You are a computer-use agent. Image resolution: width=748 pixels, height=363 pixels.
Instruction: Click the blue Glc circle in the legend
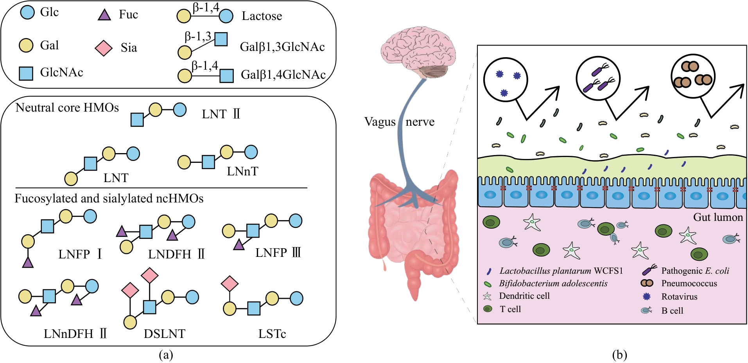(27, 12)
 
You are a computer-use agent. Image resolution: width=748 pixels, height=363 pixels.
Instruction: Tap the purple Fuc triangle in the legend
(104, 15)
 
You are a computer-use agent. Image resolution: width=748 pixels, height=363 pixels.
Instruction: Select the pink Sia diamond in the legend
(104, 48)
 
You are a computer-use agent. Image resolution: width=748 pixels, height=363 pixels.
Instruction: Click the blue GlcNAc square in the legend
(26, 73)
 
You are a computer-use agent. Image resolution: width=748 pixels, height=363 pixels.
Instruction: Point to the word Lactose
(262, 16)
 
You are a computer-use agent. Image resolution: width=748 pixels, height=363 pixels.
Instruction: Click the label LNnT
(242, 172)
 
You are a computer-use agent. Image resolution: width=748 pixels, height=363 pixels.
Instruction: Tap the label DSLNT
(164, 334)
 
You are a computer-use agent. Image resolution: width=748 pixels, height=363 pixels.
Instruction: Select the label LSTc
(272, 334)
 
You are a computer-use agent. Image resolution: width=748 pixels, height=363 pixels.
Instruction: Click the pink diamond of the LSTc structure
(230, 284)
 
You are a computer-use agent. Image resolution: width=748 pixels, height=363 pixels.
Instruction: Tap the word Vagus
(380, 122)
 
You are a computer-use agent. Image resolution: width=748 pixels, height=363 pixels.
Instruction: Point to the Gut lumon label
(718, 217)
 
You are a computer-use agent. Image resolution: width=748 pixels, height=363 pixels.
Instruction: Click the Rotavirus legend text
(679, 297)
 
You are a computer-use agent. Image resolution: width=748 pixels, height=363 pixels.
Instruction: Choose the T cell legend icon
(488, 309)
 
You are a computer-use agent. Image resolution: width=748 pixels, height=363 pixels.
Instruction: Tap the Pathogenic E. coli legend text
(695, 271)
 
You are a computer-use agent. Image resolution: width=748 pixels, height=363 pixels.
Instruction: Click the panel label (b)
(619, 355)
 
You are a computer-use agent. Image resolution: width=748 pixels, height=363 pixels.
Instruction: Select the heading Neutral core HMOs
(67, 108)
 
